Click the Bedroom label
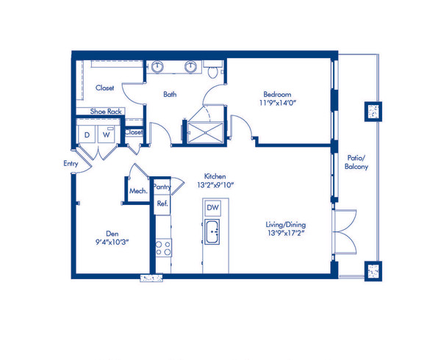pos(278,94)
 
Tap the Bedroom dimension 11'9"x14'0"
pos(278,104)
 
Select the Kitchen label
pos(214,176)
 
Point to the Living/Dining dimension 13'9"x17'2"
pos(287,233)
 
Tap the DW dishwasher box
pos(213,209)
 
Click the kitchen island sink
pos(213,236)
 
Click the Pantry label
pos(162,187)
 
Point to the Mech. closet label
pos(137,191)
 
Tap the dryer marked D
pos(87,136)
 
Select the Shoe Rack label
pos(106,112)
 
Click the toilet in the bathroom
pos(214,72)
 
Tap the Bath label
pos(170,94)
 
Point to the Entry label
pos(71,164)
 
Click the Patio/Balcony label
pos(356,162)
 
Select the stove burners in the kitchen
pos(163,248)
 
